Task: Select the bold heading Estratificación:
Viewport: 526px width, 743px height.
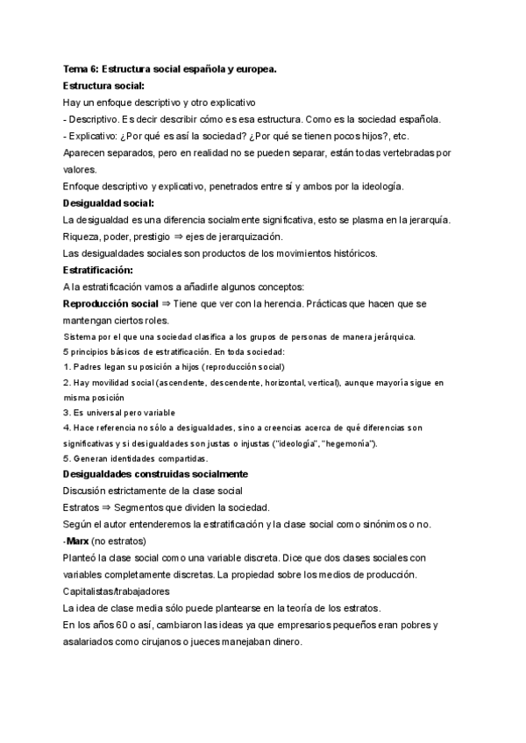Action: coord(98,270)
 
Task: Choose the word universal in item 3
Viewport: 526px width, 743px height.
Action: coord(108,412)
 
